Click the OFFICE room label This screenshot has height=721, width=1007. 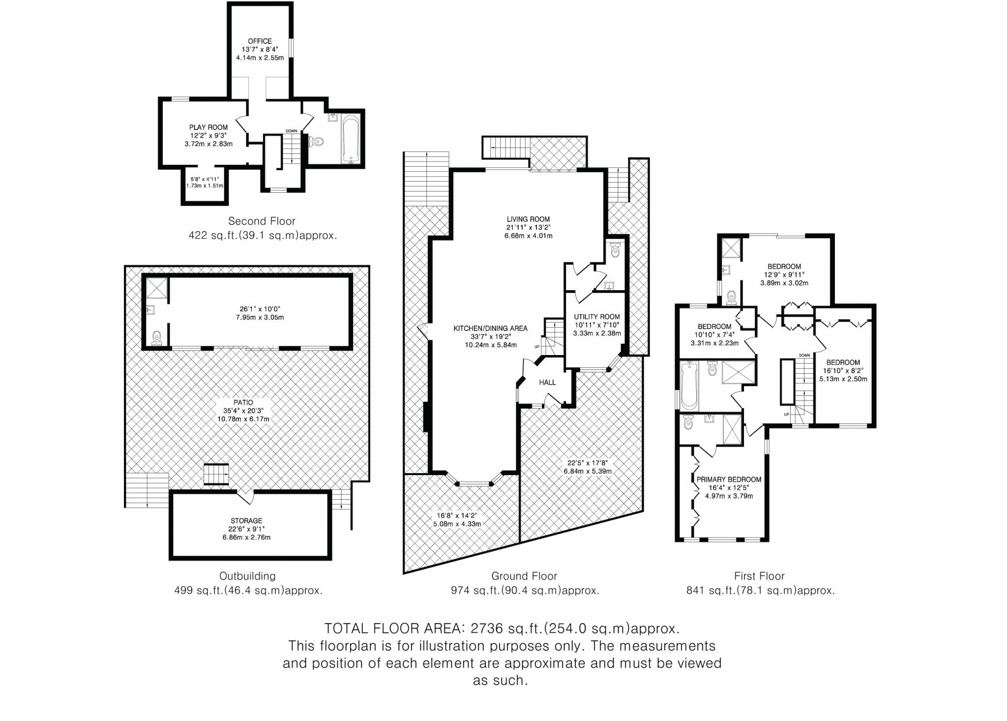tap(260, 41)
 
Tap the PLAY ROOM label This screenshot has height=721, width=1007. tap(208, 127)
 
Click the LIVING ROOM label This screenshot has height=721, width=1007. tap(528, 219)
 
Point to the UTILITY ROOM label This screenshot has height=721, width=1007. tap(596, 317)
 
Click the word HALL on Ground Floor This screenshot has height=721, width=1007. tap(547, 382)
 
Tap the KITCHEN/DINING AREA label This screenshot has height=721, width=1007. tap(490, 329)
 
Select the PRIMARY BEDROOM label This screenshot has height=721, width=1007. tap(729, 480)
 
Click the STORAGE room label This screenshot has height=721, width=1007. tap(246, 521)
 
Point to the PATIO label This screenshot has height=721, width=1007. tap(243, 402)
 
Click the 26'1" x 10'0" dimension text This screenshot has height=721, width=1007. tap(260, 309)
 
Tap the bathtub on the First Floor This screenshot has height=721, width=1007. tap(689, 386)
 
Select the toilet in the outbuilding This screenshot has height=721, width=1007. tap(156, 338)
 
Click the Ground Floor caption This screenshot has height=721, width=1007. tap(524, 576)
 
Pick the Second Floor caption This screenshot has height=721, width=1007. tap(262, 221)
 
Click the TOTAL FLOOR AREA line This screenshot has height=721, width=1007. tap(502, 629)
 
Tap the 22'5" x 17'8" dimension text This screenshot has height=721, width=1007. tap(587, 463)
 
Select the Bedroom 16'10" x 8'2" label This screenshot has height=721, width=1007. tap(843, 362)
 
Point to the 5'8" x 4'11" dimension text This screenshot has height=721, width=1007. tap(205, 180)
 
